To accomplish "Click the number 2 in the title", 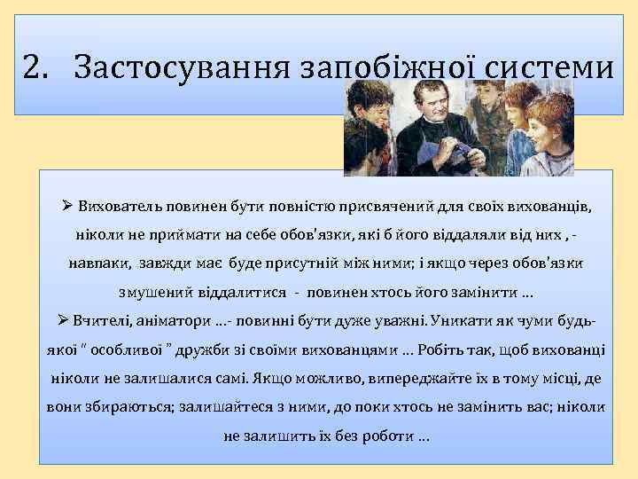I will [33, 67].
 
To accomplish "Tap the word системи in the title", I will [541, 67].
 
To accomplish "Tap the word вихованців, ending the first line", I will [549, 207].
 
